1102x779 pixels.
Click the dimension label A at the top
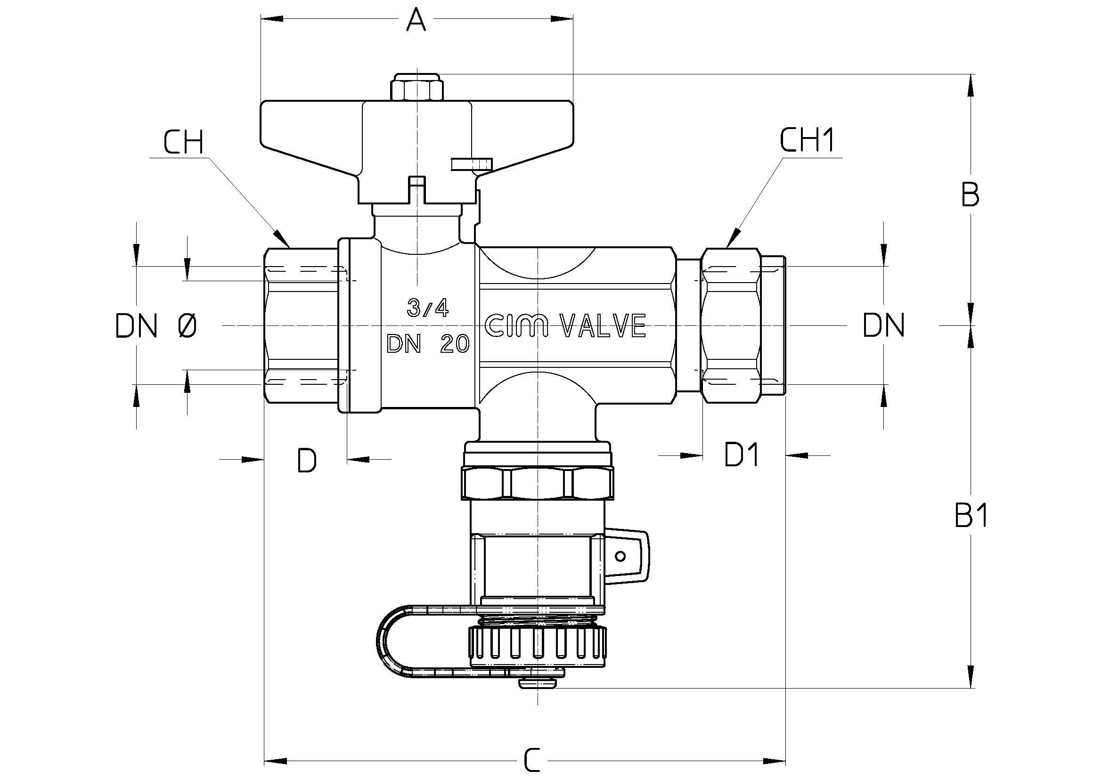[416, 20]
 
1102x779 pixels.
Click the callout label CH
[183, 142]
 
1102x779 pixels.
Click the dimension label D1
[742, 455]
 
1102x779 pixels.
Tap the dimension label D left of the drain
[307, 461]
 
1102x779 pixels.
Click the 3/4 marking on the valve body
[428, 308]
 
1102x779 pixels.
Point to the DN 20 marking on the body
[428, 344]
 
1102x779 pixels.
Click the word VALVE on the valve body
[604, 326]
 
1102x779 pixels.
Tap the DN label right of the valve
[883, 326]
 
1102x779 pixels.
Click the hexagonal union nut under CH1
[731, 326]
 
